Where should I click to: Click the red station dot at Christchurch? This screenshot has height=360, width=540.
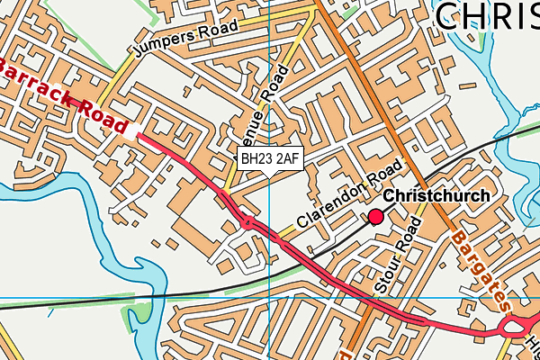tap(375, 216)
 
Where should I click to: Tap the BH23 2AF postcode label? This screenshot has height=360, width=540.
tap(270, 159)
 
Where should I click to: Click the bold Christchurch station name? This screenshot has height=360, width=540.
tap(437, 196)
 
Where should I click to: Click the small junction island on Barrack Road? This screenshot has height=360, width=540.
tap(245, 221)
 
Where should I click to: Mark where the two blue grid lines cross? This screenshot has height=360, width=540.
tap(270, 296)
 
